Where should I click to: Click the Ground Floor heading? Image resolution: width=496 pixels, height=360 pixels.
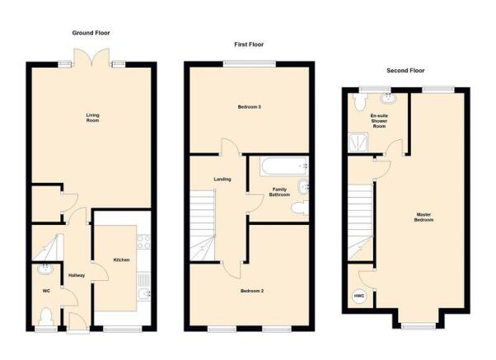[91, 33]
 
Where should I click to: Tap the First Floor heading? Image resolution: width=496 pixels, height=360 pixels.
[249, 44]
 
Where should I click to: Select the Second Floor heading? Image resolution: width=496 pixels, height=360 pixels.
[405, 71]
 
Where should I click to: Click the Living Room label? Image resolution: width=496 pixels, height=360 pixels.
[92, 118]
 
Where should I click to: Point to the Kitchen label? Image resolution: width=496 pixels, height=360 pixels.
[121, 260]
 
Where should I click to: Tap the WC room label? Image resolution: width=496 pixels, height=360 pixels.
[46, 291]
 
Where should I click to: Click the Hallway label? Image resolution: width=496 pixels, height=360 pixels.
[77, 275]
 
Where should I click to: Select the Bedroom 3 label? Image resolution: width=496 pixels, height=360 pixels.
[250, 107]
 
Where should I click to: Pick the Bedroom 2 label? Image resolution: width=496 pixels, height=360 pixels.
[252, 291]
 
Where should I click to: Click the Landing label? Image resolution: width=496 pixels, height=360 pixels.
[222, 180]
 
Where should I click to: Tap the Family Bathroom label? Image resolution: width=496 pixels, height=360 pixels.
[279, 192]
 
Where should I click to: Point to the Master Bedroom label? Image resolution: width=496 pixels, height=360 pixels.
[423, 217]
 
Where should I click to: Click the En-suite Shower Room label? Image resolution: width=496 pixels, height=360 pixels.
[379, 121]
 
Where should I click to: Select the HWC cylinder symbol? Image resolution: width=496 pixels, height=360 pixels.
[359, 296]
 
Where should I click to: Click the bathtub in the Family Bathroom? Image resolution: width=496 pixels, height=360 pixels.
[284, 166]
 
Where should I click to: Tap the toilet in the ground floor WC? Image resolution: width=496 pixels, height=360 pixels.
[46, 316]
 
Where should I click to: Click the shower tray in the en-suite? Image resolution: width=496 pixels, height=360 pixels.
[358, 142]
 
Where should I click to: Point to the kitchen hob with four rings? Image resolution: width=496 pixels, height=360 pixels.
[144, 241]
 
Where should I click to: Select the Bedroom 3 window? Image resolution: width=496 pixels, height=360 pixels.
[250, 64]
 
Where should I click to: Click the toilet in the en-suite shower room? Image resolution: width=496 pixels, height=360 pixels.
[359, 102]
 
